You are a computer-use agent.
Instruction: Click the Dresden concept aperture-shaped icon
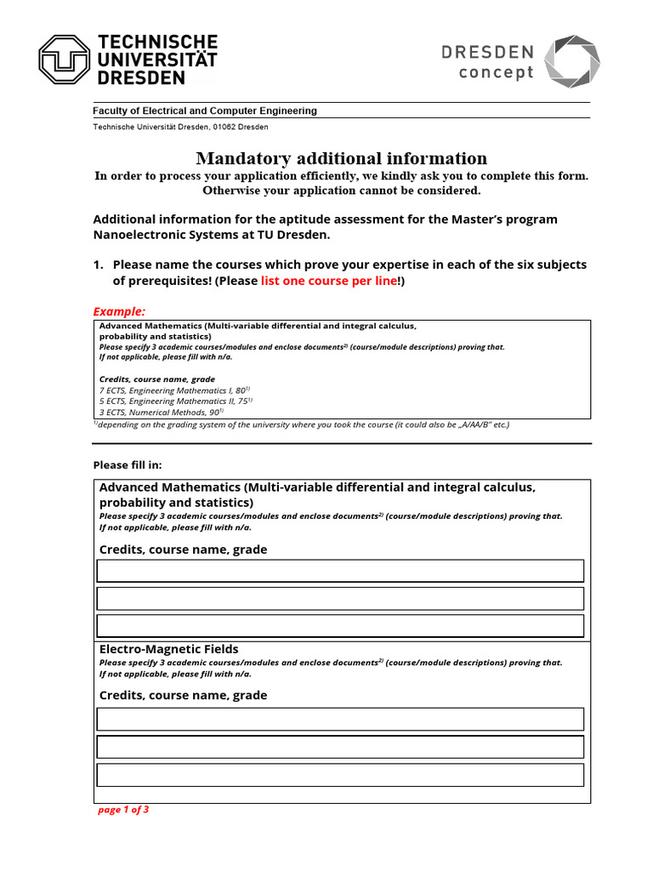point(571,61)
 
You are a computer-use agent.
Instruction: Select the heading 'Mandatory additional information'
point(342,158)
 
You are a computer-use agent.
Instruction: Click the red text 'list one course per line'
point(328,281)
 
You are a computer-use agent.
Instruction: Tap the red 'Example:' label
point(119,311)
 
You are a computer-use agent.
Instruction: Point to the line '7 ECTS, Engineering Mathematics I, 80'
point(174,390)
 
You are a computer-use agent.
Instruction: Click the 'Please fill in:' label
point(127,465)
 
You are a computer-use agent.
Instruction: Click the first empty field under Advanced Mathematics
point(340,571)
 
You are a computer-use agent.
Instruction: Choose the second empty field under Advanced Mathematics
point(340,599)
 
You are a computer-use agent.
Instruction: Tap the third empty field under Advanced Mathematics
point(340,626)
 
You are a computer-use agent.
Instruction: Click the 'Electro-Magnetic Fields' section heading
point(169,649)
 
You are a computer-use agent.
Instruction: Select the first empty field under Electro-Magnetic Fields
point(340,719)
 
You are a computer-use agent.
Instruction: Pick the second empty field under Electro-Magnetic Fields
point(340,747)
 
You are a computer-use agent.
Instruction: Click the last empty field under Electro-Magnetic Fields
point(340,775)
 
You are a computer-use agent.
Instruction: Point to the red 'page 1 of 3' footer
point(123,810)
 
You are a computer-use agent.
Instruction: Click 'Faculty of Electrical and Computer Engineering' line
point(204,111)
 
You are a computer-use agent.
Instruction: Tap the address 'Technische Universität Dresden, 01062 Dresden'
point(180,127)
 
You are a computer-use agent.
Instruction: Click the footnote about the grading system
point(301,424)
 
